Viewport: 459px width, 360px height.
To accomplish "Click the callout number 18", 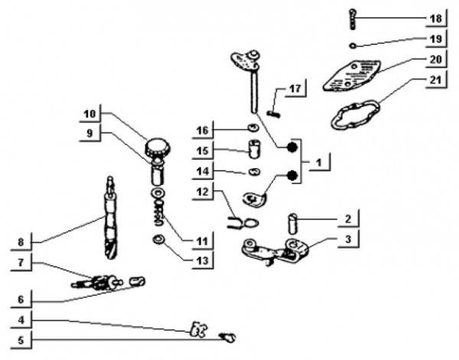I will tap(435, 17).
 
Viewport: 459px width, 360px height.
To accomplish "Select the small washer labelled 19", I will tap(352, 44).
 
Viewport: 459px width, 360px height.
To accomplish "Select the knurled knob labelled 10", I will tap(158, 144).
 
